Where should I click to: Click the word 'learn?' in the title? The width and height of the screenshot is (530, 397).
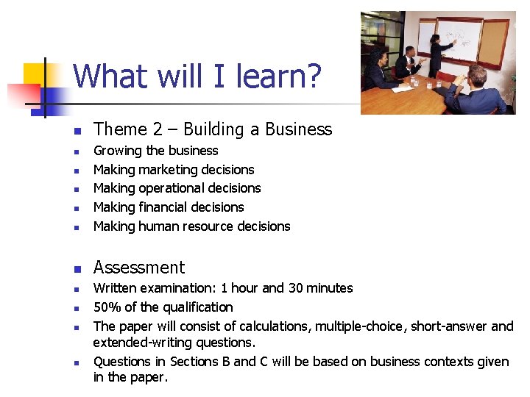point(281,76)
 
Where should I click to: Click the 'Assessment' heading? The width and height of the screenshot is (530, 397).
point(139,268)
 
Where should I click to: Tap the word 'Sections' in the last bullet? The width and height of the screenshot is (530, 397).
point(194,362)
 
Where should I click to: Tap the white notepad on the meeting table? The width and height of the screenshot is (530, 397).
point(400,90)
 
